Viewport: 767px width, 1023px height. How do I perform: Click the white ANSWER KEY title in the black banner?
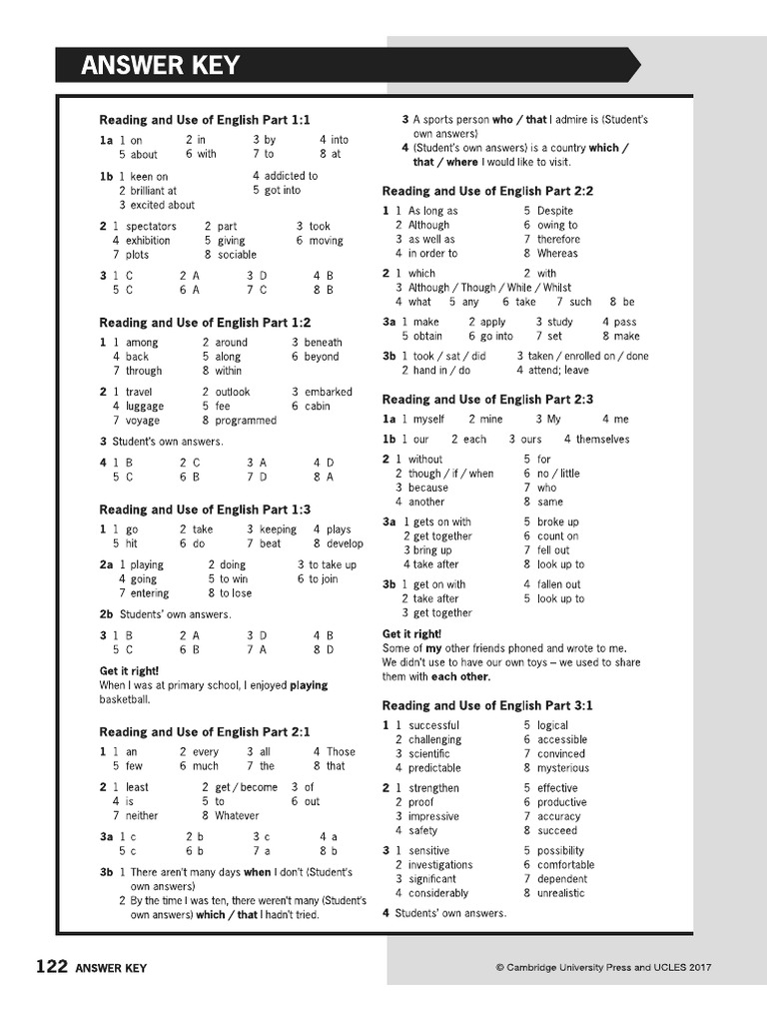tap(161, 66)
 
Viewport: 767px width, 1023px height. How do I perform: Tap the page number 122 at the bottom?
tap(51, 966)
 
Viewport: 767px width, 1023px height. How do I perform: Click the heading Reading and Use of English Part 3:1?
tap(487, 705)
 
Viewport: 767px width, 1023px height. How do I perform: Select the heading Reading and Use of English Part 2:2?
tap(487, 191)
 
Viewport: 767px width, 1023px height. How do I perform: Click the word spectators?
tap(151, 227)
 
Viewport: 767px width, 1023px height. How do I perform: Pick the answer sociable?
tap(238, 255)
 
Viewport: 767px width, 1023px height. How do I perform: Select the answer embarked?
tap(328, 393)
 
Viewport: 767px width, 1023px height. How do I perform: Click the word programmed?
tap(246, 421)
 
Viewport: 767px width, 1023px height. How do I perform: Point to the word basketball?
tap(126, 700)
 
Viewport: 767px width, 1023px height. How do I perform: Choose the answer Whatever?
tap(237, 815)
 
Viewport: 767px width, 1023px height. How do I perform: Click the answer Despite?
tap(555, 211)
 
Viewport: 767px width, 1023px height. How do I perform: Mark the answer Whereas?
tap(557, 253)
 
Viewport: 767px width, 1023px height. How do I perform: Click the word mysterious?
tap(563, 768)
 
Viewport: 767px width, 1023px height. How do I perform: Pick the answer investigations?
tap(440, 865)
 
